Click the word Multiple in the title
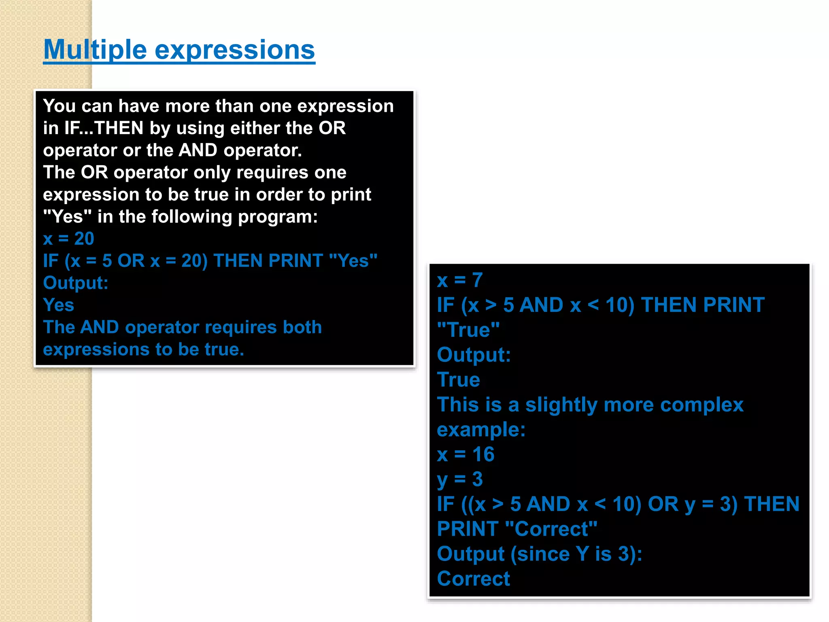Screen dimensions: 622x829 pos(95,50)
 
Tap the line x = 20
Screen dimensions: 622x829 pos(68,239)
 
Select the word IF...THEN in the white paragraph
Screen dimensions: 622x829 pos(104,128)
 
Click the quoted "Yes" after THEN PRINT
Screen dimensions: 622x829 pos(353,261)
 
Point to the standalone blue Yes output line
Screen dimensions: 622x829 pos(58,305)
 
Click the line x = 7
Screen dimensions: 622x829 pos(459,280)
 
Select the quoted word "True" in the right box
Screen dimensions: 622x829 pos(468,330)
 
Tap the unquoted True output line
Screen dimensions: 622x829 pos(458,380)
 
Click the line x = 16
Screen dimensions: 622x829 pos(466,454)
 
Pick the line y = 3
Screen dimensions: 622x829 pos(460,479)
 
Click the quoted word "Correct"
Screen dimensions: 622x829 pos(551,529)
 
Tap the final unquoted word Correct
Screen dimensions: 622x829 pos(473,579)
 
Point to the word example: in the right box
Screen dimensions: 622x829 pos(481,430)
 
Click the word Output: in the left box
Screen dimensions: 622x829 pos(76,283)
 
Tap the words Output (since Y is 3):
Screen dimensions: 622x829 pos(539,554)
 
